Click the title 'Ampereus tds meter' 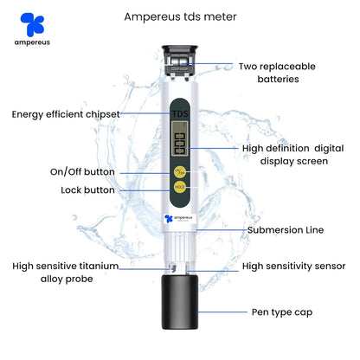pos(180,16)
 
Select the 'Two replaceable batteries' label pos(277,72)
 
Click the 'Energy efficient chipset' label pos(66,113)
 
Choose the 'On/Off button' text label pos(82,171)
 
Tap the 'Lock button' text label pos(87,190)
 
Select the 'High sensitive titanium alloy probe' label pos(65,273)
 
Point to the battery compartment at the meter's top pos(179,61)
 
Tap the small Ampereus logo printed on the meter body pos(179,219)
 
